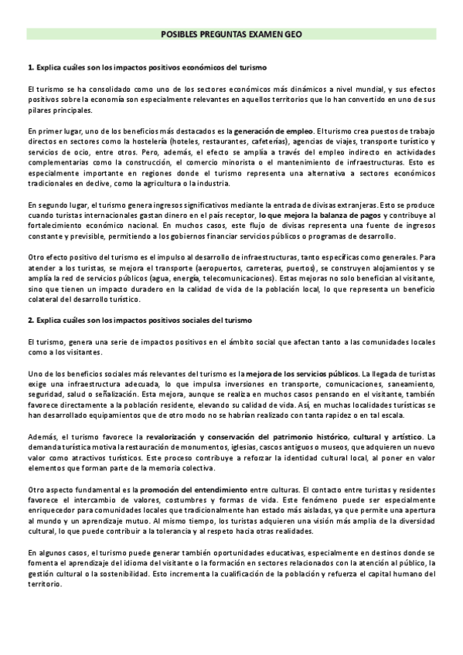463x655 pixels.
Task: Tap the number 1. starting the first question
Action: pyautogui.click(x=30, y=68)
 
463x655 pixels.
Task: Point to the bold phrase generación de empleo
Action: pyautogui.click(x=274, y=131)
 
